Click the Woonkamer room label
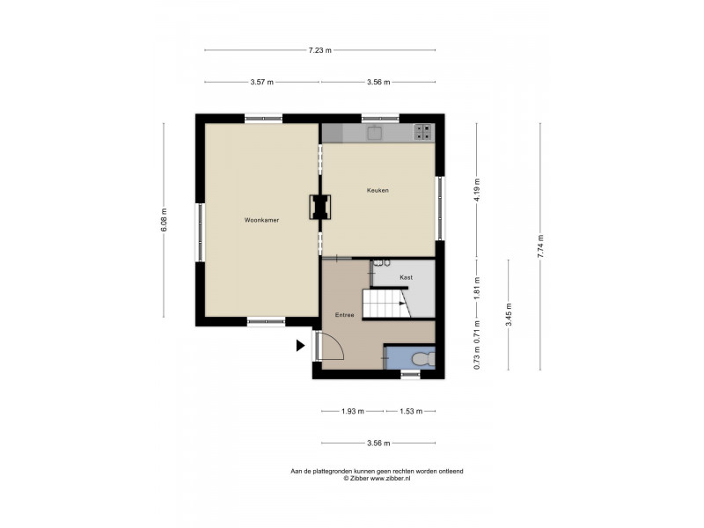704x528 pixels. click(x=261, y=220)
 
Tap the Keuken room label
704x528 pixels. click(x=378, y=190)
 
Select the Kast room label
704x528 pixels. click(x=406, y=277)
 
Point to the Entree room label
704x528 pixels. click(x=344, y=314)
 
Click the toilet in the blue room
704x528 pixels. click(x=421, y=359)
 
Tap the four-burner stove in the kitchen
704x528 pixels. click(x=423, y=132)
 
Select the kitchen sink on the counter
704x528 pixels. click(x=375, y=132)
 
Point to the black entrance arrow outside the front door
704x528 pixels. click(x=300, y=346)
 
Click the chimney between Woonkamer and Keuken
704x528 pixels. click(x=319, y=207)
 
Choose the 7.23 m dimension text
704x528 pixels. click(x=319, y=50)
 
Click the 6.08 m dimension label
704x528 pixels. click(x=164, y=220)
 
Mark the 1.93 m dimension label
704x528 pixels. click(x=354, y=411)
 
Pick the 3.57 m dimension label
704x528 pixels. click(x=261, y=82)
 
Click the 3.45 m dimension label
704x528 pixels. click(x=509, y=314)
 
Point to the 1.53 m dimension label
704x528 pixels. click(x=411, y=411)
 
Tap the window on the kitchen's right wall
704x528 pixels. click(x=440, y=207)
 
